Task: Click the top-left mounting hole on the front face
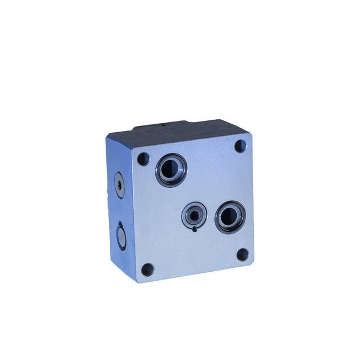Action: [x=143, y=159]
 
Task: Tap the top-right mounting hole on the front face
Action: [x=240, y=146]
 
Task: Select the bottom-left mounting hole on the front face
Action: [x=147, y=269]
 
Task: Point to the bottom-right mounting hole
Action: [x=242, y=254]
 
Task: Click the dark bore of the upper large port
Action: [x=171, y=169]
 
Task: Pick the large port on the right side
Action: [x=229, y=217]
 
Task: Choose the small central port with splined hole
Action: [x=194, y=214]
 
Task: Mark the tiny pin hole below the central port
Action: [x=195, y=228]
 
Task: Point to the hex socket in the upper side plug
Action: [x=119, y=182]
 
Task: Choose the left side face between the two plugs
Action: [x=119, y=208]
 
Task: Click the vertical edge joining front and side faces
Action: [x=133, y=214]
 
